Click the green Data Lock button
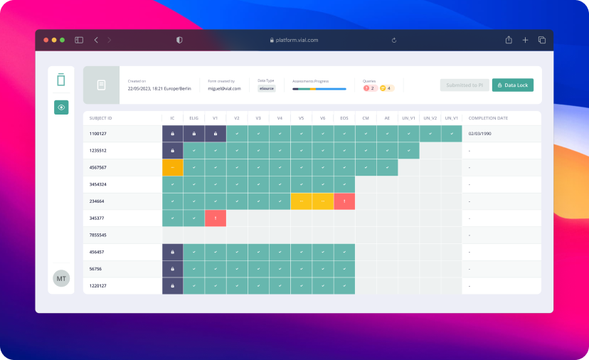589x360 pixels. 512,85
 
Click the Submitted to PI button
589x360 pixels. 465,85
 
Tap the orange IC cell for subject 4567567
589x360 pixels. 173,167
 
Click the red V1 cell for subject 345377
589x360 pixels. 216,218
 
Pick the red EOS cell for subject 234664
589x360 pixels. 344,201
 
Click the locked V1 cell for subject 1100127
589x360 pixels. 216,134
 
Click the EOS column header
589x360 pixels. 344,117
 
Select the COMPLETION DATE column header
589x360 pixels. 488,117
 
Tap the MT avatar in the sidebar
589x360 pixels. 61,279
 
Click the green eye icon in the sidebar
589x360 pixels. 61,107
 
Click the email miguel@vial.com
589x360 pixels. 224,89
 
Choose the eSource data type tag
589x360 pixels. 267,89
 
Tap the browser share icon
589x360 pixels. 509,40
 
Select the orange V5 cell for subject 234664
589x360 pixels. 302,201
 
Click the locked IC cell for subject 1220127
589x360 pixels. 173,286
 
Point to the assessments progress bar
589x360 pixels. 319,89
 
